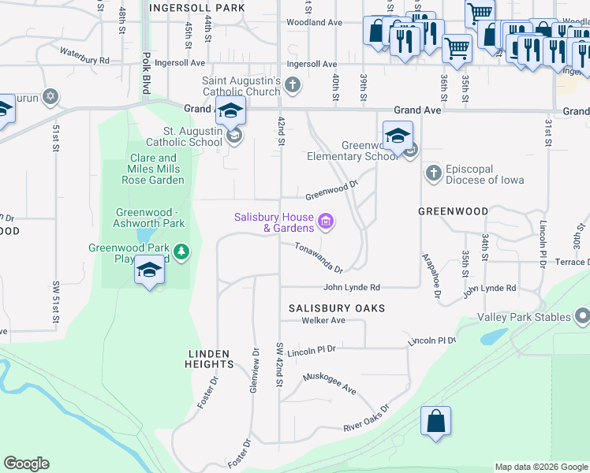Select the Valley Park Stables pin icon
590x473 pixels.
click(x=582, y=317)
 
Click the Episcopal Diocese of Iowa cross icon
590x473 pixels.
click(x=432, y=173)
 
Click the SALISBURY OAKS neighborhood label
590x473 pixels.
click(x=337, y=307)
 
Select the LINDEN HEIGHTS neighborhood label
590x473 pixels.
click(x=210, y=359)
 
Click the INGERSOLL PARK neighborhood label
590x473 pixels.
click(x=196, y=8)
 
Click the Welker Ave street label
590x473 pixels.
click(x=323, y=321)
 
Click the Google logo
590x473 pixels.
click(x=26, y=464)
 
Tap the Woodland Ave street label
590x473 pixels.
click(x=316, y=23)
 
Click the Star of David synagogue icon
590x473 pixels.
click(x=50, y=96)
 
